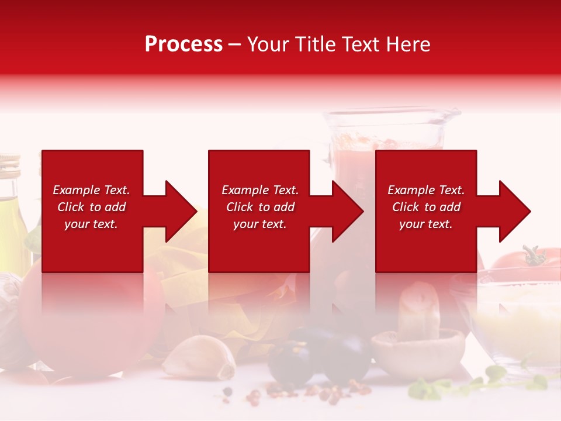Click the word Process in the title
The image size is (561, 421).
[x=183, y=44]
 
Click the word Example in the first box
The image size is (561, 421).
[x=77, y=190]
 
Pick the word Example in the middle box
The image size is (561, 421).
[x=245, y=190]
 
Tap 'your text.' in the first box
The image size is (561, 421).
[x=91, y=224]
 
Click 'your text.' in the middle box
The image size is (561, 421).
[x=260, y=224]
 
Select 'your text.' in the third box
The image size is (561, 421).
[x=426, y=224]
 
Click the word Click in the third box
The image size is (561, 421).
[x=405, y=207]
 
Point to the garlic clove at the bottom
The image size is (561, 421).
[x=199, y=358]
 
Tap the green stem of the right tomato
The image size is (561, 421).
[x=533, y=255]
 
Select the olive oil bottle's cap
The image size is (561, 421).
[x=9, y=164]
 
